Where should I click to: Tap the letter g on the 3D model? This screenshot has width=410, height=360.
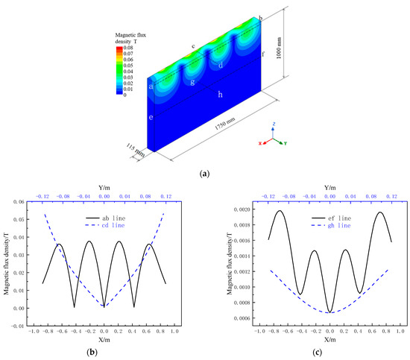tap(193, 81)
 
